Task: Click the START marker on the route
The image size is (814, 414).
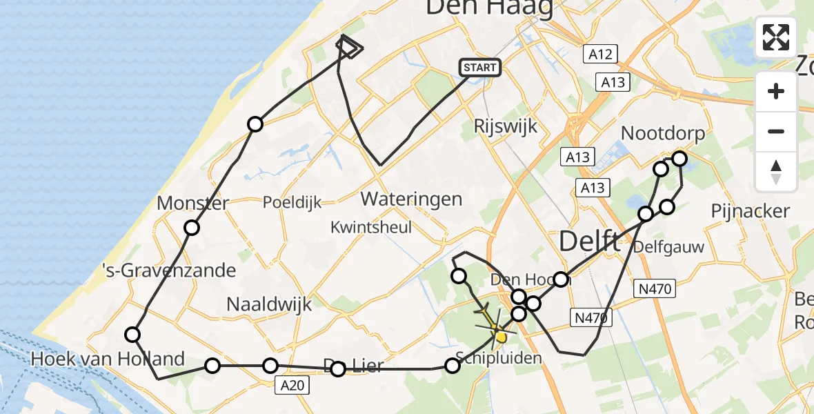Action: [x=479, y=68]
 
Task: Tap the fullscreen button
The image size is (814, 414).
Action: [x=776, y=37]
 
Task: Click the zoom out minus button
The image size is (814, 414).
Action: [x=776, y=131]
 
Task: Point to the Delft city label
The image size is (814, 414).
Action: [x=588, y=241]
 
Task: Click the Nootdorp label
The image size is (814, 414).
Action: [x=664, y=133]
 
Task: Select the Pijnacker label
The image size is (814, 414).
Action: [x=750, y=210]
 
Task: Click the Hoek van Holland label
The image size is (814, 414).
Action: [x=108, y=359]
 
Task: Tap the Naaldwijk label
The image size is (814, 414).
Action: [x=270, y=304]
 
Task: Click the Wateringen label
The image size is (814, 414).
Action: [x=411, y=199]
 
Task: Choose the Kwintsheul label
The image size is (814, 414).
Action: [x=370, y=227]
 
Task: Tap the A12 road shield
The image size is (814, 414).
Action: [x=599, y=55]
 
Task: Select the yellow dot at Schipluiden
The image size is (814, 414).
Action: [x=501, y=337]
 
